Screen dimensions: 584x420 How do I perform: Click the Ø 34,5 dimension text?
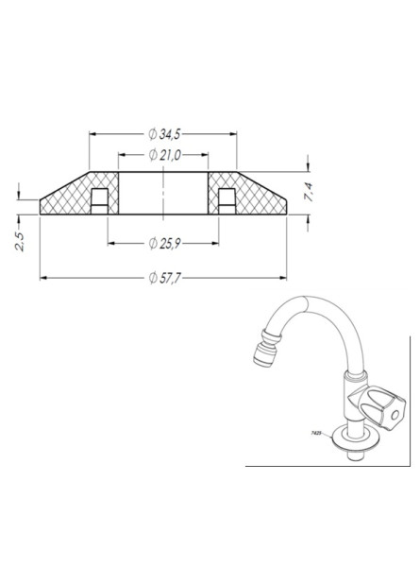(164, 133)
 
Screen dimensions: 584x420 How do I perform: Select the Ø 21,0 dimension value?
(164, 155)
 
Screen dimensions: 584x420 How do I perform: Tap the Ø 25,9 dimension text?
(164, 245)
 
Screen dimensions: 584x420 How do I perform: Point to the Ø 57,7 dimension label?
(164, 278)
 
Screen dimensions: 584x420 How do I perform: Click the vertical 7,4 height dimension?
(307, 194)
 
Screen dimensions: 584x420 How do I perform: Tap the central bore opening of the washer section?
(162, 194)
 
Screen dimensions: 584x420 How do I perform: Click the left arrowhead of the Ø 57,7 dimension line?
(43, 278)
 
